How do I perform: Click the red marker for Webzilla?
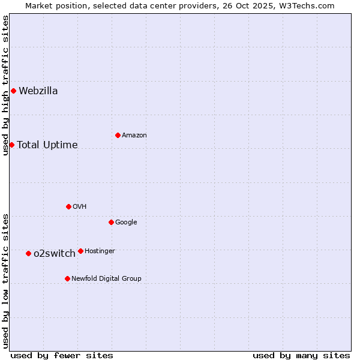pos(13,91)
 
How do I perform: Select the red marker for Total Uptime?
pos(11,145)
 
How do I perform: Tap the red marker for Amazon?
pos(118,135)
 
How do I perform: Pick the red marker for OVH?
pos(68,206)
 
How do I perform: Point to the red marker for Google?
pos(111,222)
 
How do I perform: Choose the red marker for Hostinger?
pos(80,251)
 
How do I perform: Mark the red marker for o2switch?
pos(28,253)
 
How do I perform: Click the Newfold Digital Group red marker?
pos(67,278)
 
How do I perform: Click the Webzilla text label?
pos(38,91)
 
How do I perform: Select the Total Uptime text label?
pos(47,145)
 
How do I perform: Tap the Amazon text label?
pos(134,136)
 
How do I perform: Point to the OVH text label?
pos(80,207)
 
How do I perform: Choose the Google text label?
pos(126,223)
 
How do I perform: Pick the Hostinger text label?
pos(100,251)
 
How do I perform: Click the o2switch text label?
pos(55,253)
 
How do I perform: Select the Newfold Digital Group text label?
pos(106,278)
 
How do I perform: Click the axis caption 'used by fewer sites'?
pos(62,355)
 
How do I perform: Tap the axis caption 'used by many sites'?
pos(301,355)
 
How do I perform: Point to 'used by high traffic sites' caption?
pos(5,85)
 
